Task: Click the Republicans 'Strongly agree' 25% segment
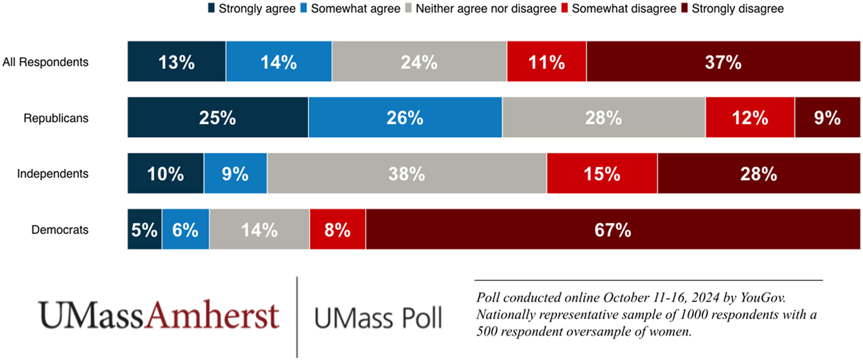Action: tap(218, 118)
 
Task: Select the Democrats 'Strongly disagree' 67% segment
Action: tap(613, 229)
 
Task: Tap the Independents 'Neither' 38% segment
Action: tap(407, 174)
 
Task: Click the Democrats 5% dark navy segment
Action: tap(144, 229)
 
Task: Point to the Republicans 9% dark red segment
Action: tap(827, 118)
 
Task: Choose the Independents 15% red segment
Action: tap(602, 174)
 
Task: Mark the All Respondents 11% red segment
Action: tap(547, 62)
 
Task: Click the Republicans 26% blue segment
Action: tap(406, 118)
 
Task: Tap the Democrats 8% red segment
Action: tap(337, 229)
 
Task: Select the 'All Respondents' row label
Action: tap(45, 62)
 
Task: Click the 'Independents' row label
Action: tap(53, 174)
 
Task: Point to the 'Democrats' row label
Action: tap(60, 230)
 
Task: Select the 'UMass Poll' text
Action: tap(378, 318)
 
